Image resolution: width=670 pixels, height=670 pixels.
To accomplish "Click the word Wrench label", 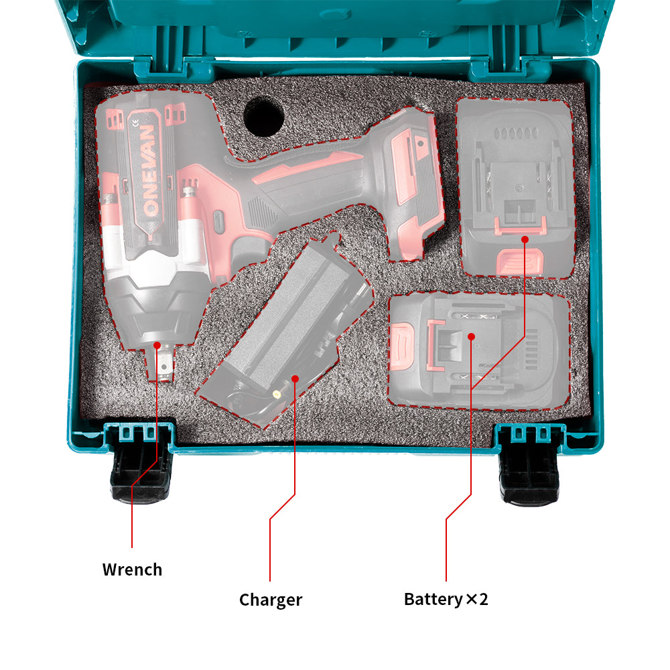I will coord(132,569).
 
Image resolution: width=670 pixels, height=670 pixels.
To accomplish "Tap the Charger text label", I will coord(271,599).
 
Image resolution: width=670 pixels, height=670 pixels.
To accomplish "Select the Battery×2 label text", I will coord(446,598).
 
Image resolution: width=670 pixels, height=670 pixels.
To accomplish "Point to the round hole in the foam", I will coord(263,115).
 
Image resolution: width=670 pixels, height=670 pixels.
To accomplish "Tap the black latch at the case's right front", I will coord(530,469).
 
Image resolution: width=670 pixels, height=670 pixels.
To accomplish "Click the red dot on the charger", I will coord(295,379).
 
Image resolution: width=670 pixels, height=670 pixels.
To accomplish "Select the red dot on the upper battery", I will coord(525,238).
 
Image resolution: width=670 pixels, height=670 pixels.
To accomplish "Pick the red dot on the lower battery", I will coord(471,336).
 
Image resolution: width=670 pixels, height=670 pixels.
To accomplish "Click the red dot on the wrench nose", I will coord(157,345).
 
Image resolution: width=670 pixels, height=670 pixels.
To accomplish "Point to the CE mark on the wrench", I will coord(136,122).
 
